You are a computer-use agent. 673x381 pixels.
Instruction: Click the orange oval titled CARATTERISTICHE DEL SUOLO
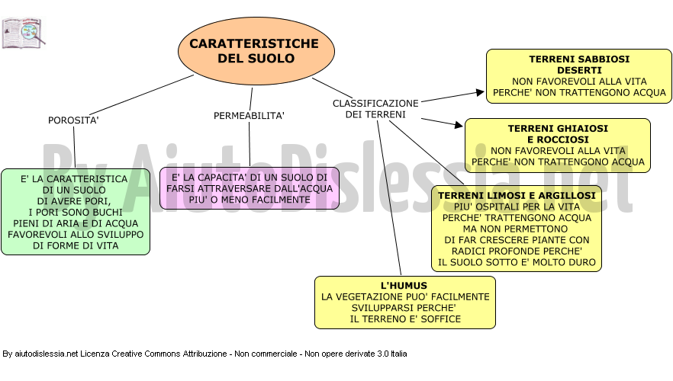pos(256,51)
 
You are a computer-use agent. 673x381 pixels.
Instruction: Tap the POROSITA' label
pos(73,120)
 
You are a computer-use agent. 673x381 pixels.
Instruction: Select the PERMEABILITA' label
pos(249,116)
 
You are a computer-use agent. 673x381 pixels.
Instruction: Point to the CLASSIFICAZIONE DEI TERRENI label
pos(375,109)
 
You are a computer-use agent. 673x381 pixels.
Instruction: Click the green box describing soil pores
pos(76,212)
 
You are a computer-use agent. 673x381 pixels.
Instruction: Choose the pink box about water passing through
pos(250,188)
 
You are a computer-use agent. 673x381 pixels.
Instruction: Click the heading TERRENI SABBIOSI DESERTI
pos(579,65)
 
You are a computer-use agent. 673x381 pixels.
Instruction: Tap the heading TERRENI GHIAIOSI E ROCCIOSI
pos(558,134)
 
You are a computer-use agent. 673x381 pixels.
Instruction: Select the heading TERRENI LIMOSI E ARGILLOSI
pos(517,195)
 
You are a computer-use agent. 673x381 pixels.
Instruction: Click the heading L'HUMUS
pos(404,286)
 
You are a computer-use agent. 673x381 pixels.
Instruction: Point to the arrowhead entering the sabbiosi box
pos(480,92)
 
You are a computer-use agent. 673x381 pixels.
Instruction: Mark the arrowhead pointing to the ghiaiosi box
pos(459,124)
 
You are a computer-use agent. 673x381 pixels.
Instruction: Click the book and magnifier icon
pos(24,33)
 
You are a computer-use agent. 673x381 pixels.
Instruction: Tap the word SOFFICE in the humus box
pos(441,319)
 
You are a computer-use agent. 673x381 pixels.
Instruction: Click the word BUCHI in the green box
pos(107,213)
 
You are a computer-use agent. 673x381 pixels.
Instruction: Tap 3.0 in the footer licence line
pos(383,354)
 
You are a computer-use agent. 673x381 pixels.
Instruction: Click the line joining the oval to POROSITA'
pos(142,95)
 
